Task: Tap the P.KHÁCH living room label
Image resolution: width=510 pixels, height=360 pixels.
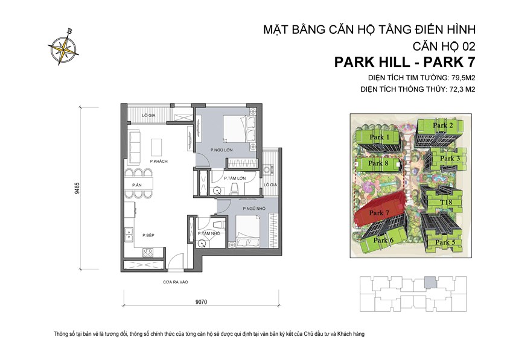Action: pyautogui.click(x=141, y=162)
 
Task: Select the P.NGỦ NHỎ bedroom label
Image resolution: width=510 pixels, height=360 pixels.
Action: pyautogui.click(x=252, y=208)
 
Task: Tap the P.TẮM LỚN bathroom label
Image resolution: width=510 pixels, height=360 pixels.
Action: pyautogui.click(x=233, y=178)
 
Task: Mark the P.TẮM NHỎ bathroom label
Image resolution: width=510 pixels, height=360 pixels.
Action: pyautogui.click(x=208, y=233)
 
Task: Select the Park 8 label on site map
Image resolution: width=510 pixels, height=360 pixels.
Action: pyautogui.click(x=378, y=163)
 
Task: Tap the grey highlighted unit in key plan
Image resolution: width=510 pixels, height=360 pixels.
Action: pyautogui.click(x=429, y=281)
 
